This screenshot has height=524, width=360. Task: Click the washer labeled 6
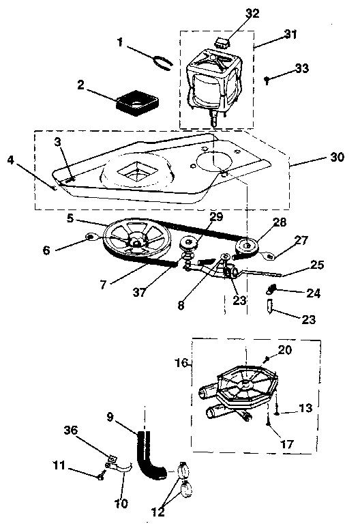tap(89, 238)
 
